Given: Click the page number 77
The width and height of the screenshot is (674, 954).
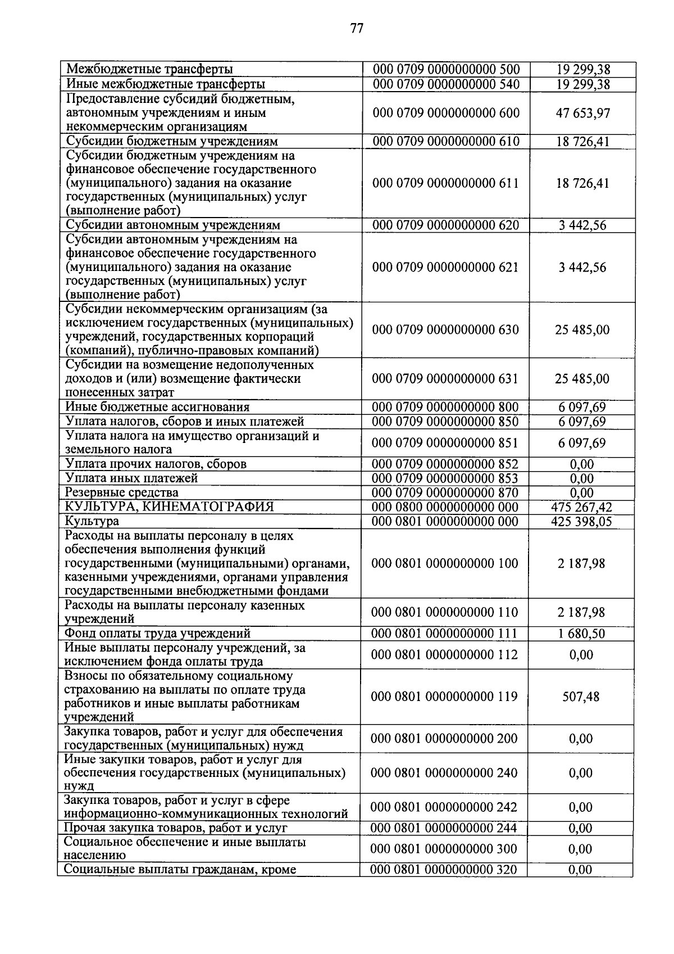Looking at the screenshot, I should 357,28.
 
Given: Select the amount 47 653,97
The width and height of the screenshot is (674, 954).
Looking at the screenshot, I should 582,113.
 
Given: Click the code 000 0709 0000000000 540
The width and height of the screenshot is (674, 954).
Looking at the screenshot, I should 446,84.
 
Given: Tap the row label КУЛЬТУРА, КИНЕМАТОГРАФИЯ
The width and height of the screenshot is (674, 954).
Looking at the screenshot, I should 170,507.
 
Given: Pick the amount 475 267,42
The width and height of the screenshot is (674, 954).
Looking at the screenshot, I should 582,508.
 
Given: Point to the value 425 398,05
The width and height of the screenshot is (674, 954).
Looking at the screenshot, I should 582,522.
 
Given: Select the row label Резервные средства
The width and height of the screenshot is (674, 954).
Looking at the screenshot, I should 122,493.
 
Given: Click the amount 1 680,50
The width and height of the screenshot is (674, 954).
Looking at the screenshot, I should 581,634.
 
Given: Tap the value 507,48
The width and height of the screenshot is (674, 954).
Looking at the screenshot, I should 581,697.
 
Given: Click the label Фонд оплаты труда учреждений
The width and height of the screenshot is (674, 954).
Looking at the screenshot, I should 158,634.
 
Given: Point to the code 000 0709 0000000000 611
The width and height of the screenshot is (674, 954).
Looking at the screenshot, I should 445,183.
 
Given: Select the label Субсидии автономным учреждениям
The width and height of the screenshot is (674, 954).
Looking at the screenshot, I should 173,225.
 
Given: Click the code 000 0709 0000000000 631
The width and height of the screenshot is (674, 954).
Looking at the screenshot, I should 445,379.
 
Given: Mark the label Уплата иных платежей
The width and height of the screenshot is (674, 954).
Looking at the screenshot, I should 131,478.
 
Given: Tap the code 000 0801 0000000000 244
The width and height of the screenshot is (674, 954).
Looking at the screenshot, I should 444,828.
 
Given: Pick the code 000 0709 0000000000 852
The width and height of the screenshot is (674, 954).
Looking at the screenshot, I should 445,464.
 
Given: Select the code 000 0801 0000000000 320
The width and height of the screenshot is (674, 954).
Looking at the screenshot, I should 444,870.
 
